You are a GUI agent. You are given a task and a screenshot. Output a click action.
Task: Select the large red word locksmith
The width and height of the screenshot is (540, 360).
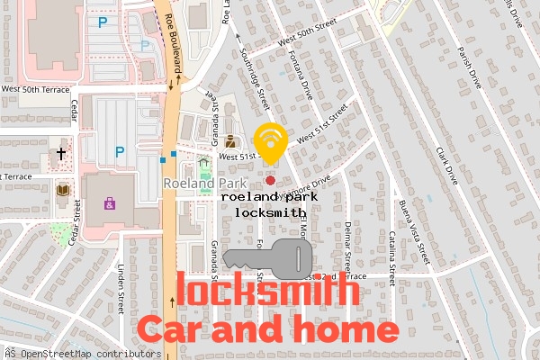tap(266, 292)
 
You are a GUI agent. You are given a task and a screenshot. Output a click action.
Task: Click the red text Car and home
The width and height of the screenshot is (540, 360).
tap(266, 329)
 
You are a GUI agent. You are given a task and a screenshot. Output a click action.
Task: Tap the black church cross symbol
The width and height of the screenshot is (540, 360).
tap(62, 154)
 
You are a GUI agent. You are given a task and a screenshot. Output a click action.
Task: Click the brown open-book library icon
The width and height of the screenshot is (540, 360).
tap(62, 190)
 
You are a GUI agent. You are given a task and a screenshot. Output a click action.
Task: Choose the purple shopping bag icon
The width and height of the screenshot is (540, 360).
tap(109, 203)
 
